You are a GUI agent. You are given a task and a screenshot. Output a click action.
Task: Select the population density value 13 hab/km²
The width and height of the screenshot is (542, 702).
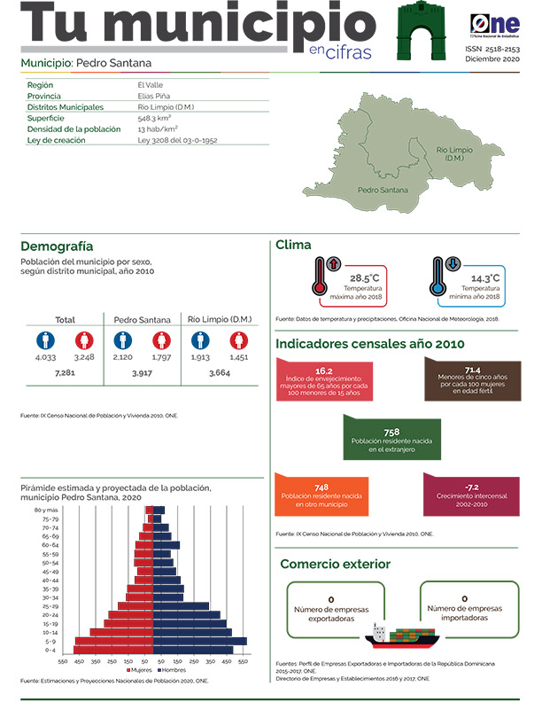155,129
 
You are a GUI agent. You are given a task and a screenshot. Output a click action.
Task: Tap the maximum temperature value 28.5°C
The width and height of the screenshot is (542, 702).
364,278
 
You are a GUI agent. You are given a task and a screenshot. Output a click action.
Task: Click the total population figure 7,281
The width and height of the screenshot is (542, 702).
66,375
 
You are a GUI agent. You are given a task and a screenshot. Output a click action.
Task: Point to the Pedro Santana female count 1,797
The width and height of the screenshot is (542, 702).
161,357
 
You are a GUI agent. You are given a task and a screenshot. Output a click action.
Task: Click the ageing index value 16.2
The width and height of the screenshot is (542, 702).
323,371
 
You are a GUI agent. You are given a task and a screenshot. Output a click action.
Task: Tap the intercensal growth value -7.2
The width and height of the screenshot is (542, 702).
472,487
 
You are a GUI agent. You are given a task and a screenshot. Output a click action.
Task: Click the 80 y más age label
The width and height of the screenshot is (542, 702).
45,511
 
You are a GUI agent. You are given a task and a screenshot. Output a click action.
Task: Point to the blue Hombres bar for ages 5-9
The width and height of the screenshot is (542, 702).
200,641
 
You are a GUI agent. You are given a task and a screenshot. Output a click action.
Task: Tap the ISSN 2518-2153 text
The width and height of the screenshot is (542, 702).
492,51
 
